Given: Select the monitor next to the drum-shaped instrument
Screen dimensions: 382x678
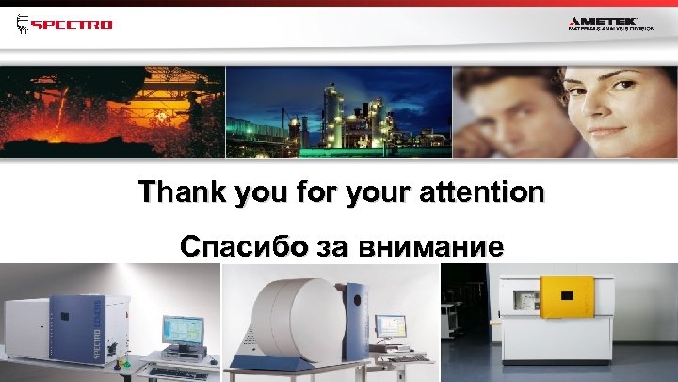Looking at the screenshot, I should point(389,326).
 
